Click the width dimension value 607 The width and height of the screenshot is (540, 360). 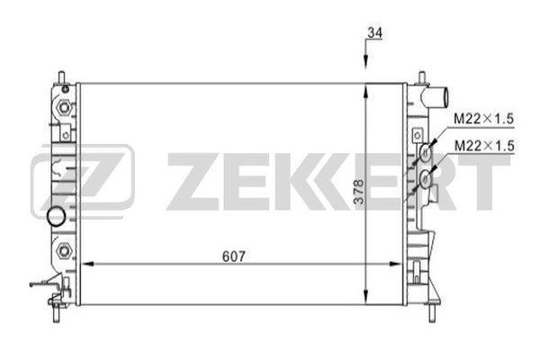tap(233, 255)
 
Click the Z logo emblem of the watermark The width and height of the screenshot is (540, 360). tap(83, 178)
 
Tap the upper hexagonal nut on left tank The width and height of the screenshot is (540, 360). tap(64, 108)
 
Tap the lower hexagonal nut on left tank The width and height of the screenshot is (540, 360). tap(64, 249)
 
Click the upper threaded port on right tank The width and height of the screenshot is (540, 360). tap(422, 154)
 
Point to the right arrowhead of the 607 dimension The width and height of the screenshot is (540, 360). tap(396, 264)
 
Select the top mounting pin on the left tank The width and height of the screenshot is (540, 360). tap(61, 76)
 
